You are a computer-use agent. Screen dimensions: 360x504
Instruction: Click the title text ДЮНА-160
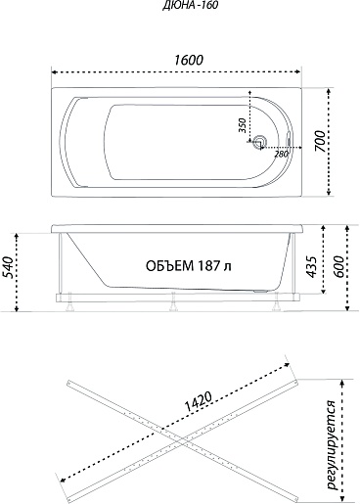[190, 6]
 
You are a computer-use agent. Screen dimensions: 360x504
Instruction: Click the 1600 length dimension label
[189, 60]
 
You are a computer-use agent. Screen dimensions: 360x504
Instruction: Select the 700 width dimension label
[320, 141]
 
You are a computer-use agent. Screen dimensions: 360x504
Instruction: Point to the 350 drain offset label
[242, 125]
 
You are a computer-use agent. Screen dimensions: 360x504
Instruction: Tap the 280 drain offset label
[281, 154]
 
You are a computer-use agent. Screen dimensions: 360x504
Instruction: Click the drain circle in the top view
[260, 142]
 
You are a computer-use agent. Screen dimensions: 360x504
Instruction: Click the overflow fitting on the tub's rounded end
[289, 139]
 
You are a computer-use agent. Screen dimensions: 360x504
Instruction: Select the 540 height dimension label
[9, 267]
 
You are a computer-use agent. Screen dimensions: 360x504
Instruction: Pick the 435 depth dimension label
[311, 267]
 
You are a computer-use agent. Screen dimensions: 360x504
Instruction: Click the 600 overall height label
[338, 267]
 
